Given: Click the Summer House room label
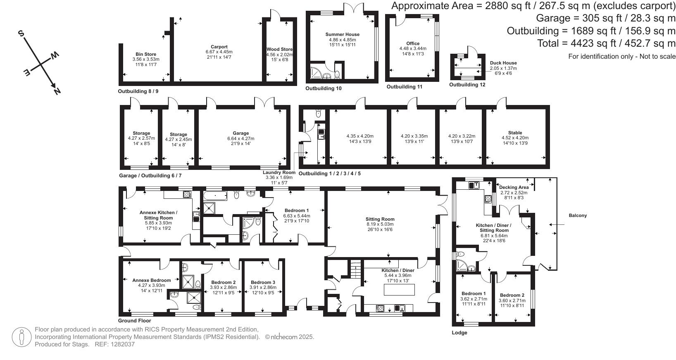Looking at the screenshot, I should click(342, 34).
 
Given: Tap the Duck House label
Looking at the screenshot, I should click(503, 63).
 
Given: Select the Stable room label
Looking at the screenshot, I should click(515, 133).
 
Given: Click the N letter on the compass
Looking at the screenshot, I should click(57, 91).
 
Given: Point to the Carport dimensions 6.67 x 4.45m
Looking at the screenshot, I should click(219, 52).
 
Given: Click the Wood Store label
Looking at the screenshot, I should click(280, 49).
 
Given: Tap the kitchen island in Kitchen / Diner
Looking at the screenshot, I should click(400, 290).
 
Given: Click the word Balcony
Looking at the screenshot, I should click(577, 215).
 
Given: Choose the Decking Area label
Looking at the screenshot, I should click(514, 187).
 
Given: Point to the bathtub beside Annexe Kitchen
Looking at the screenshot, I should click(215, 195).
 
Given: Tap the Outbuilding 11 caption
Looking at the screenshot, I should click(404, 87).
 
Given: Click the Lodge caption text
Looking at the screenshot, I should click(459, 333).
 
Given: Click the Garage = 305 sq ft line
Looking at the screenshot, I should click(605, 18).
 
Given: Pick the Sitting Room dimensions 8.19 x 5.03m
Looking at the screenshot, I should click(380, 224).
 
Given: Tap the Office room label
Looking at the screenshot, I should click(412, 43).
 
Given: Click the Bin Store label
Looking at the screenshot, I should click(146, 54).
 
